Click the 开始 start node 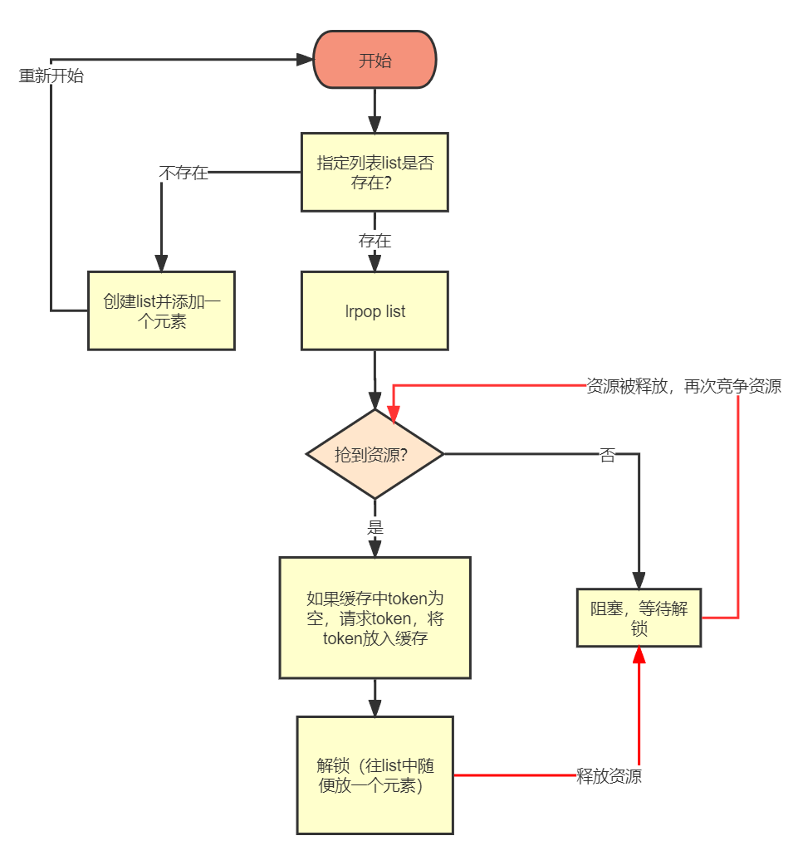(375, 60)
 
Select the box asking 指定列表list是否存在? (375, 172)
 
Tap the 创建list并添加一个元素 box (162, 310)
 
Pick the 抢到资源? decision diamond (375, 454)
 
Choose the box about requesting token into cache (375, 618)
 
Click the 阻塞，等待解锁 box (639, 618)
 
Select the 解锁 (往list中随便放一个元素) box (375, 775)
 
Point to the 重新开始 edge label (51, 76)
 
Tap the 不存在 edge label (184, 173)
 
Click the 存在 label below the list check (375, 241)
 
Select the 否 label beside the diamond (608, 454)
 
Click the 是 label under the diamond (375, 526)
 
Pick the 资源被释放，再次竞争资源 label (683, 386)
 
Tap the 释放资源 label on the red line (609, 776)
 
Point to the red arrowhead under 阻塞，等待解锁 (639, 656)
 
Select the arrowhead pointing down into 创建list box (162, 262)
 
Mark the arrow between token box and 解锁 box (375, 699)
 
